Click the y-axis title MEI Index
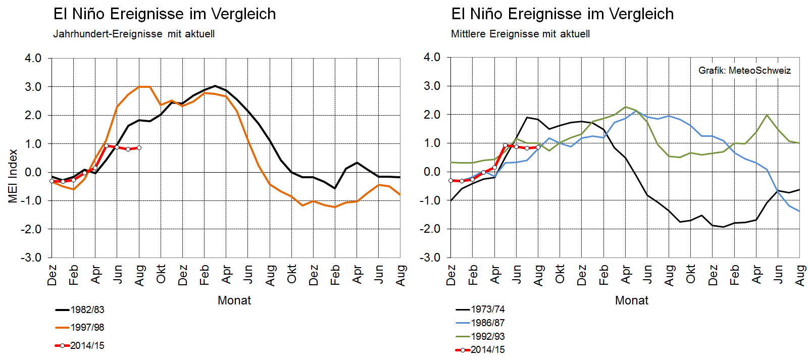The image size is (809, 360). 13,176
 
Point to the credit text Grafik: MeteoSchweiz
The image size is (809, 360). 744,71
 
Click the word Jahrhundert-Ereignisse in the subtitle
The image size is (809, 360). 108,34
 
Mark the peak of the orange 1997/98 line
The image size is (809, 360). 144,87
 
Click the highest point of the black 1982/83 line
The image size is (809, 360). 215,86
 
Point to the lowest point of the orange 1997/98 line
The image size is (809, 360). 335,207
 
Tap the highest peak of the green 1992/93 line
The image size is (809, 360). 626,107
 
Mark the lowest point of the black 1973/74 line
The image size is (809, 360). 724,227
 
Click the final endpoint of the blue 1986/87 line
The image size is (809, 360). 799,211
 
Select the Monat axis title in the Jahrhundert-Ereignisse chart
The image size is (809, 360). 234,301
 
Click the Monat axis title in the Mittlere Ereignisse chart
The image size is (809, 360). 632,301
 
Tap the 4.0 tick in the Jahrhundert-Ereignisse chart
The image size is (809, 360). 33,59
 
